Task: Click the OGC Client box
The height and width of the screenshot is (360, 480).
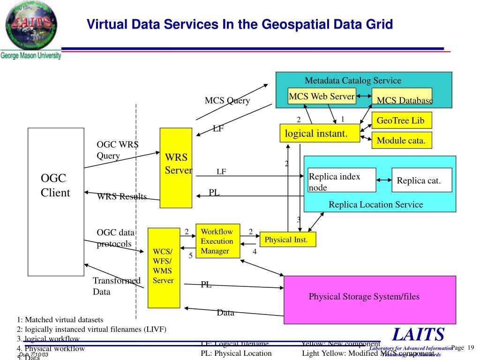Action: (56, 202)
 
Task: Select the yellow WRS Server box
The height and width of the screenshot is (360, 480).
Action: (176, 167)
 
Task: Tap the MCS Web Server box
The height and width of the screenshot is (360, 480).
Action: (322, 96)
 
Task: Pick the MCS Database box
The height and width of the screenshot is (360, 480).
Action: (402, 98)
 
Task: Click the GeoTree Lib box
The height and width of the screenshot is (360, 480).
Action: (401, 120)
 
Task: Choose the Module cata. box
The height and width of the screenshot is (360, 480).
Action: (401, 140)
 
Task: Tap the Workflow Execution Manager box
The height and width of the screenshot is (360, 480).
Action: (217, 241)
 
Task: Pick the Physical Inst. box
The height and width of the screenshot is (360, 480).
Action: (287, 240)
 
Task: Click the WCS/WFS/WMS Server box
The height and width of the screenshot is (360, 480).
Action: (164, 267)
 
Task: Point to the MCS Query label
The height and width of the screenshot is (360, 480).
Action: (227, 101)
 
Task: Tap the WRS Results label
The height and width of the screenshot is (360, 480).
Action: (122, 196)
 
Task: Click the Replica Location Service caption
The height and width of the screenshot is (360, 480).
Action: (375, 204)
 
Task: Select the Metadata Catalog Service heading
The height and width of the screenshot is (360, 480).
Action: (353, 80)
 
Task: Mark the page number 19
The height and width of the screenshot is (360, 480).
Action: (471, 347)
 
